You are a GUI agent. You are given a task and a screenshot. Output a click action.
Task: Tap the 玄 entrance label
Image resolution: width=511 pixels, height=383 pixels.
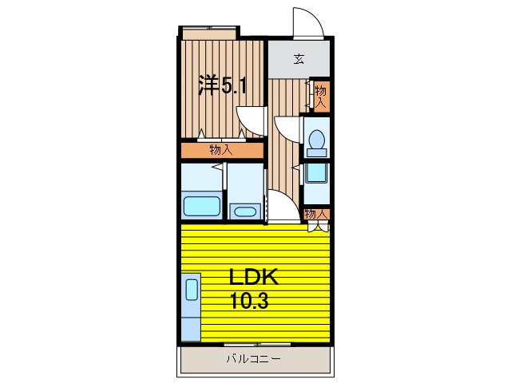click(x=299, y=58)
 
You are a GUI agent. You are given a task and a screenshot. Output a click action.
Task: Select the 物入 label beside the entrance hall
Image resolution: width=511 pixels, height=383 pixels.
click(x=321, y=96)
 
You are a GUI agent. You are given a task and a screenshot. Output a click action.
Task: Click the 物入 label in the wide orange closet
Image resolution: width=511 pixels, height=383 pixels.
click(x=221, y=150)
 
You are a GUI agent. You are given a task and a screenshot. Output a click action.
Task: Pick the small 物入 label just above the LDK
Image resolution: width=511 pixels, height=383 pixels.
click(x=316, y=213)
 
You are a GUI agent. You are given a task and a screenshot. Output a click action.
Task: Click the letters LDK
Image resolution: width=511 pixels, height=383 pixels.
click(x=254, y=278)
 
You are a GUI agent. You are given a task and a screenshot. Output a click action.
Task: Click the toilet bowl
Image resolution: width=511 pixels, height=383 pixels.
click(x=316, y=140)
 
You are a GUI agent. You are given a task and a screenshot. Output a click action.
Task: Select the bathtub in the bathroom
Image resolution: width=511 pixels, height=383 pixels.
click(x=201, y=206)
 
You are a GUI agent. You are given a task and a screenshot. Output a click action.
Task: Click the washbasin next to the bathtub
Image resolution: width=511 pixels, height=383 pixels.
click(x=244, y=211)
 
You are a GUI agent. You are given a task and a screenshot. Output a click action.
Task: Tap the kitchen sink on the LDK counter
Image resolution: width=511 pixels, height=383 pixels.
click(x=192, y=288)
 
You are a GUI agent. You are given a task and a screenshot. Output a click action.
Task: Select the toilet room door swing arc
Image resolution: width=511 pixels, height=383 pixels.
click(x=284, y=128)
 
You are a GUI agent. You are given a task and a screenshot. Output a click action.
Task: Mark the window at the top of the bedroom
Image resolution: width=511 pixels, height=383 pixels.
click(x=209, y=32)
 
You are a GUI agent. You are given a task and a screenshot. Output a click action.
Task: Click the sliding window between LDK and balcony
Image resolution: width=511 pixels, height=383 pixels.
click(x=255, y=345)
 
